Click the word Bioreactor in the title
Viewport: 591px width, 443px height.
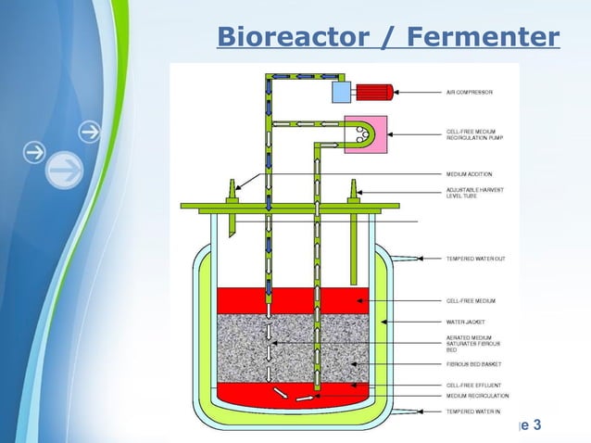(277, 38)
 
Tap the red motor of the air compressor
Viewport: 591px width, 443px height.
(374, 92)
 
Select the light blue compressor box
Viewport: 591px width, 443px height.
(341, 92)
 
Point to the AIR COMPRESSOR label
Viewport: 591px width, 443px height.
(469, 93)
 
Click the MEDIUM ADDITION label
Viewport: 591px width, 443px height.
(469, 173)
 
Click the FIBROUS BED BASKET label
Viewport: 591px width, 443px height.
(472, 364)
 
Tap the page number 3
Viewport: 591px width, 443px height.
(538, 425)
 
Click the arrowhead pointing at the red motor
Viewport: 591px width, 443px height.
(401, 92)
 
